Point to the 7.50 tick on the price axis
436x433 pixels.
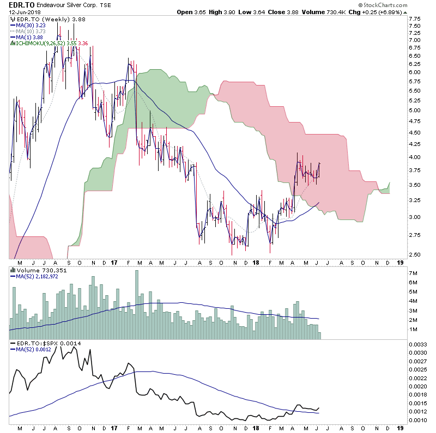[414, 26]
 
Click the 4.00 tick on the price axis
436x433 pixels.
[414, 157]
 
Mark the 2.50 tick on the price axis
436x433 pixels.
[414, 254]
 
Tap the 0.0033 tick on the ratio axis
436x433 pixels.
[417, 344]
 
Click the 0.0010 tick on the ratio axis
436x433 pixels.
[417, 420]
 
